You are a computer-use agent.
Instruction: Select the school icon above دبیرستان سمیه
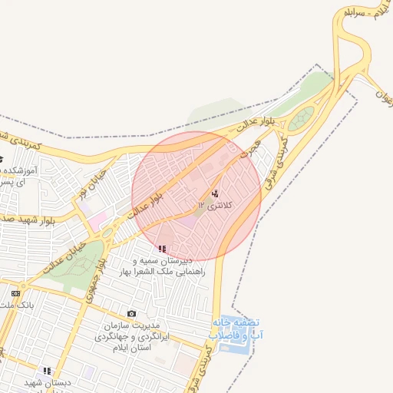click(x=162, y=249)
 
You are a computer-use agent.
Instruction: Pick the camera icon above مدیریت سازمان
click(x=131, y=314)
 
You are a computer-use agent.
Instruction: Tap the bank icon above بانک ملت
click(x=15, y=292)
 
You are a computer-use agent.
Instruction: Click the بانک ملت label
click(x=15, y=305)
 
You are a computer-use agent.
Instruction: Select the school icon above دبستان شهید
click(x=47, y=370)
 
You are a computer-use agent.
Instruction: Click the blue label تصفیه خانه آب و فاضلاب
click(x=235, y=329)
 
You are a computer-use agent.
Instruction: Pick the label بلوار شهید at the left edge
click(x=24, y=218)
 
